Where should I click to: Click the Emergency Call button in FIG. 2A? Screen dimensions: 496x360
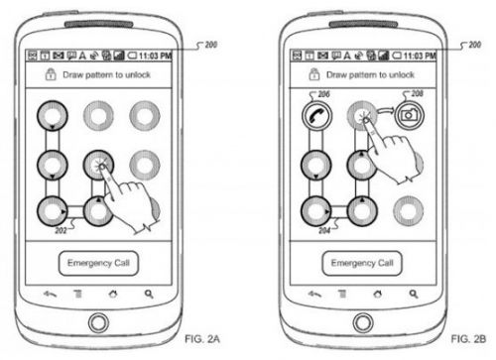click(x=98, y=263)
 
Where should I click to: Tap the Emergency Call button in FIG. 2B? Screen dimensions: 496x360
click(x=362, y=263)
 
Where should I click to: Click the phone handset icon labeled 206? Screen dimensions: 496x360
click(x=316, y=115)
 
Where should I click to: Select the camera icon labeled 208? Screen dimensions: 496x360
click(x=410, y=115)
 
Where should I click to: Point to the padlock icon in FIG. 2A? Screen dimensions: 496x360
click(x=51, y=74)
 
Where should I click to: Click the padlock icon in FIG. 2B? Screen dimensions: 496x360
click(x=313, y=74)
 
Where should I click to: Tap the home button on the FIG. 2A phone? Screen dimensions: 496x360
click(x=98, y=322)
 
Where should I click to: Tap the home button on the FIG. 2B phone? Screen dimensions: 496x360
click(x=363, y=322)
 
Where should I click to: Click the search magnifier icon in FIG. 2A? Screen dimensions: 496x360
click(x=149, y=294)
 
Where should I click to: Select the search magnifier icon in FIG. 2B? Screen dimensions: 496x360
click(x=414, y=294)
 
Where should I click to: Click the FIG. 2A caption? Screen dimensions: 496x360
click(x=202, y=339)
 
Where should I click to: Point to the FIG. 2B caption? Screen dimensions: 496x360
click(x=468, y=339)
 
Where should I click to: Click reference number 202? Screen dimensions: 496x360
click(x=61, y=230)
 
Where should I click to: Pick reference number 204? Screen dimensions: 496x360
click(x=324, y=230)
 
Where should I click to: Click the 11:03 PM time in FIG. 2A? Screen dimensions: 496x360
click(x=155, y=56)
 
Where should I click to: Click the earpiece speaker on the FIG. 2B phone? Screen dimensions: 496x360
click(x=363, y=24)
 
